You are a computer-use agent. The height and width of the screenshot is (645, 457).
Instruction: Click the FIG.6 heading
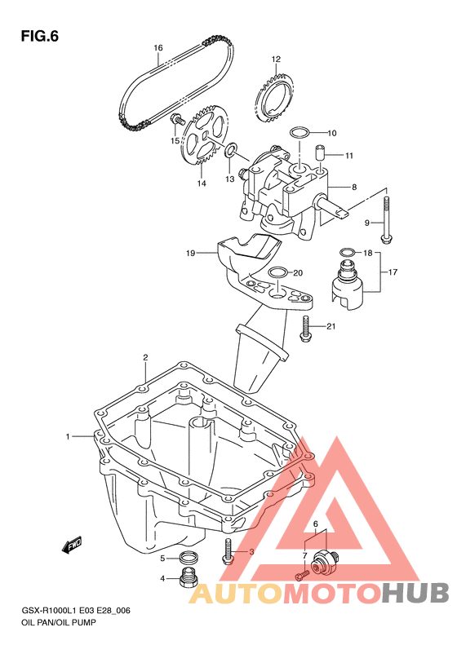pyautogui.click(x=40, y=37)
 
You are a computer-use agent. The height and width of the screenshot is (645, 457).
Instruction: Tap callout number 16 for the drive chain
pyautogui.click(x=158, y=48)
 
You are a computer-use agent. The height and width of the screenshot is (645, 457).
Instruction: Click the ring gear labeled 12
pyautogui.click(x=275, y=97)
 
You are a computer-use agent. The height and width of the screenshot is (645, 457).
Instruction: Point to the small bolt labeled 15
pyautogui.click(x=178, y=118)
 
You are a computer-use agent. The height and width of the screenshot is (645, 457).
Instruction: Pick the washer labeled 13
pyautogui.click(x=231, y=150)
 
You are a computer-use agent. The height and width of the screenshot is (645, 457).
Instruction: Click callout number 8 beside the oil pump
pyautogui.click(x=353, y=188)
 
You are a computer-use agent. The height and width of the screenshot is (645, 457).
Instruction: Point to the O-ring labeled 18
pyautogui.click(x=347, y=252)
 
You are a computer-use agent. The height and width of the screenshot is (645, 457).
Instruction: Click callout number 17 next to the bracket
pyautogui.click(x=393, y=272)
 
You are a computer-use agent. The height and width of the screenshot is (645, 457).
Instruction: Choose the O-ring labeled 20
pyautogui.click(x=277, y=272)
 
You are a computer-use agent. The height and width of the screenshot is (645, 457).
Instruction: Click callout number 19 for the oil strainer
pyautogui.click(x=190, y=254)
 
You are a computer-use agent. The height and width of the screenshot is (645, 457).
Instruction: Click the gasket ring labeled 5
pyautogui.click(x=189, y=558)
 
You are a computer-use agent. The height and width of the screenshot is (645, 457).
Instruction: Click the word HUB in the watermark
pyautogui.click(x=415, y=592)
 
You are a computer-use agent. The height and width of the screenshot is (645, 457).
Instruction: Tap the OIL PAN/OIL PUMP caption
pyautogui.click(x=58, y=622)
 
